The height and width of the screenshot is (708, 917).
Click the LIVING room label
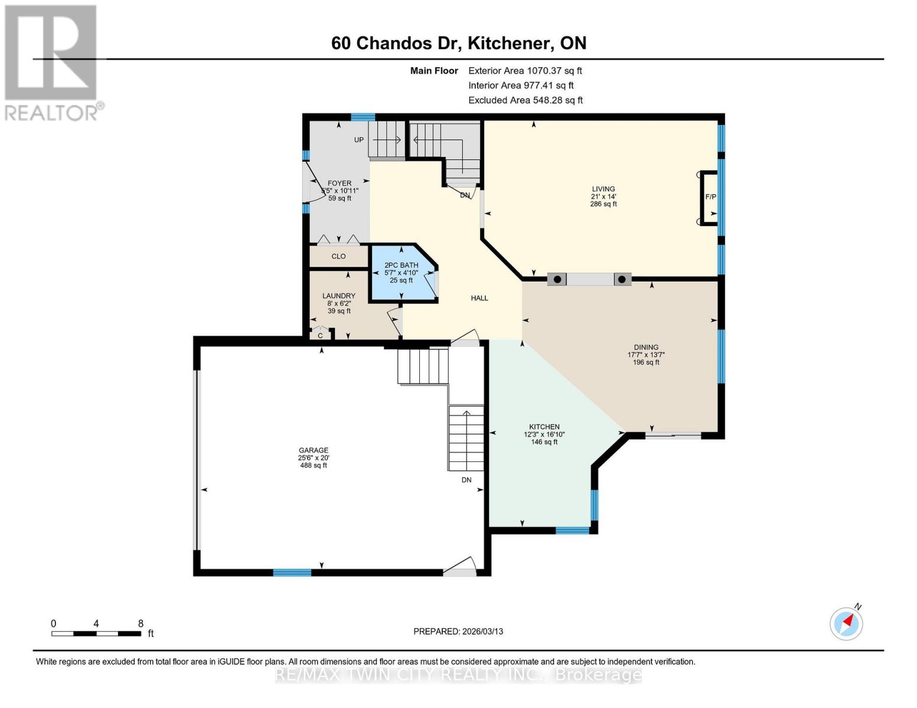click(603, 189)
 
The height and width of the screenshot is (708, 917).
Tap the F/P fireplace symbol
click(710, 197)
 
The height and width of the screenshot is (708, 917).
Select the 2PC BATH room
click(401, 273)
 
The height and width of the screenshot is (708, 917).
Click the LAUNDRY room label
click(338, 296)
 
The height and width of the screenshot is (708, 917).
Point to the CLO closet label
click(338, 257)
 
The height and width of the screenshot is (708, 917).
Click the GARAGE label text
click(313, 451)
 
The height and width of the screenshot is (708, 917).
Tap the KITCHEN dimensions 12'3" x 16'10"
click(544, 435)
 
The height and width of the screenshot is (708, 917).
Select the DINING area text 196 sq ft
click(646, 362)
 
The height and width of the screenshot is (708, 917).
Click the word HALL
click(479, 299)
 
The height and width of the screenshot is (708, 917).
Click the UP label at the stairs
click(358, 140)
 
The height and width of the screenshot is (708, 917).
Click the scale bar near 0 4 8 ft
click(96, 634)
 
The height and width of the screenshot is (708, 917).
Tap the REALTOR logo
click(51, 62)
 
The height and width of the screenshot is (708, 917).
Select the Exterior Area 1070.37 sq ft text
click(524, 71)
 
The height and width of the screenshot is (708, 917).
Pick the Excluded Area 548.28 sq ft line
click(525, 100)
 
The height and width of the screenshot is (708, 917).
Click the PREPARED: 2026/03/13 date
click(458, 631)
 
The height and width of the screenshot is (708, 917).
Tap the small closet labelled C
click(320, 335)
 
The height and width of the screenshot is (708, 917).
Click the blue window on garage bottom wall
click(292, 572)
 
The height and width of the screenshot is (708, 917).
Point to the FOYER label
click(340, 183)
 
